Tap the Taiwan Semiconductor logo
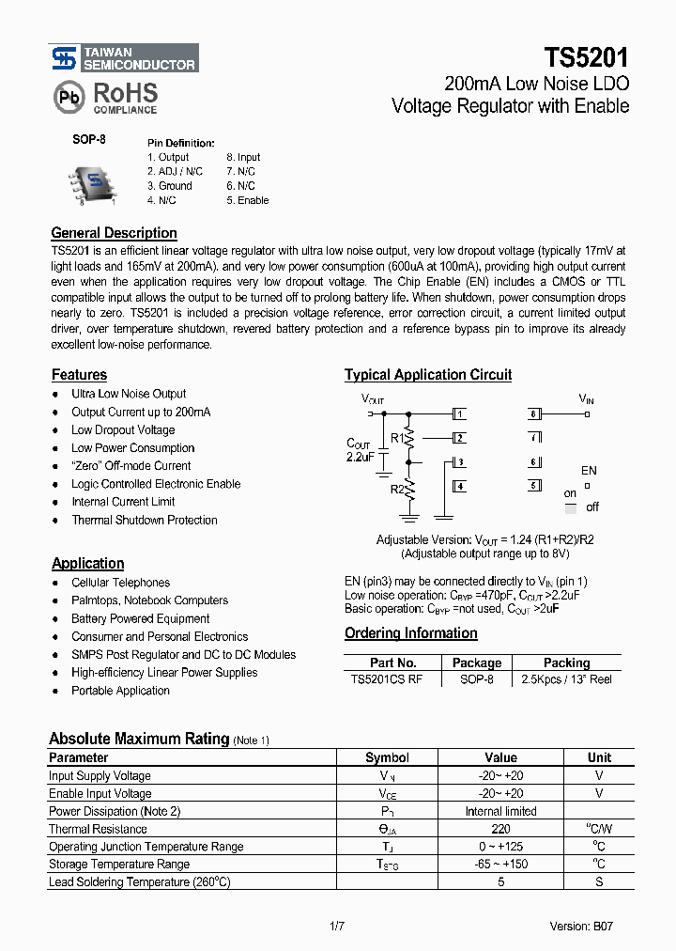tap(123, 58)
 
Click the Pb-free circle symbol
tap(67, 97)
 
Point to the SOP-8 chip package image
tap(93, 183)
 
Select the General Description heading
tap(114, 233)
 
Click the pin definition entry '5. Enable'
tap(247, 200)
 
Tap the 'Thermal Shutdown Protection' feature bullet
tap(144, 520)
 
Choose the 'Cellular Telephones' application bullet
tap(120, 583)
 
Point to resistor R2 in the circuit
tap(409, 489)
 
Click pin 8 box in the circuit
tap(534, 413)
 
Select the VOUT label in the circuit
tap(373, 399)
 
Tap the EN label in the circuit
tap(589, 470)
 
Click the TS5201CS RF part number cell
tap(385, 679)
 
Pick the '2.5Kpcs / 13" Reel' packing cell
tap(566, 679)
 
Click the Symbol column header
tap(387, 757)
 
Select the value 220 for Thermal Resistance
tap(500, 829)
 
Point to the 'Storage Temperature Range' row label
tap(119, 865)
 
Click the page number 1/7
tap(337, 927)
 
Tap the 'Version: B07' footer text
tap(582, 927)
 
